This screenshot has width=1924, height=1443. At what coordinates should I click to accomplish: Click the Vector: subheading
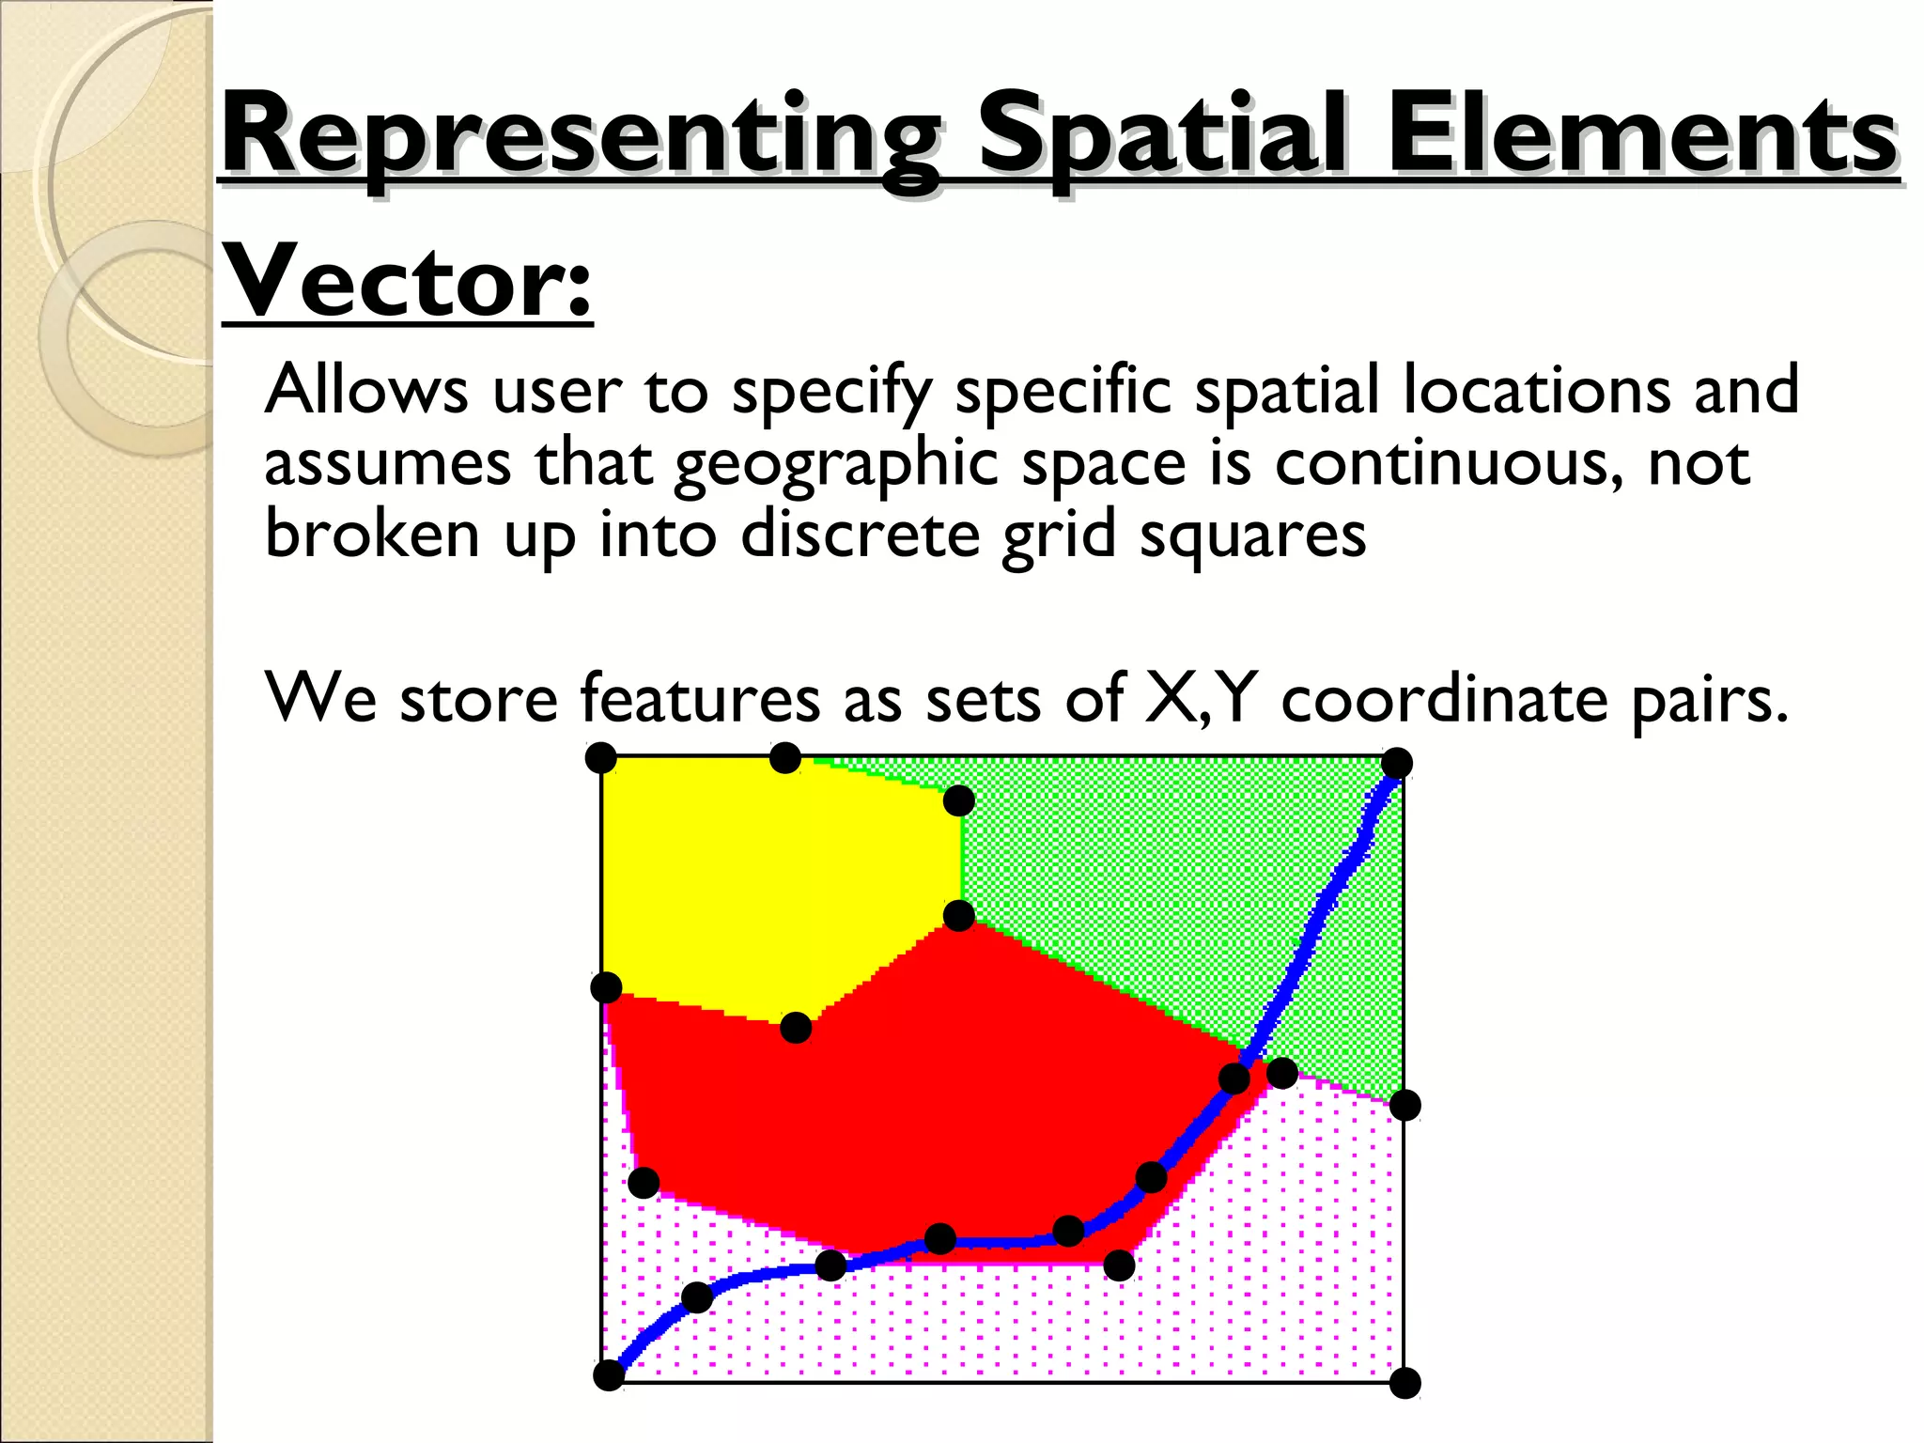pyautogui.click(x=407, y=282)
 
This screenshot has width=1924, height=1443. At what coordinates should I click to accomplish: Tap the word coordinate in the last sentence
pyautogui.click(x=1445, y=699)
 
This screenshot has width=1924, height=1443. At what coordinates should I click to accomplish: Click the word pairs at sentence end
pyautogui.click(x=1710, y=701)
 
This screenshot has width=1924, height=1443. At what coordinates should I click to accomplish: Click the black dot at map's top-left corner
pyautogui.click(x=600, y=757)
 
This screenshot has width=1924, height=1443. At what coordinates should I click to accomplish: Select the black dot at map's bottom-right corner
pyautogui.click(x=1404, y=1383)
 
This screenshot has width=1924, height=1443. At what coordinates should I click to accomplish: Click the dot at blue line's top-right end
pyautogui.click(x=1397, y=764)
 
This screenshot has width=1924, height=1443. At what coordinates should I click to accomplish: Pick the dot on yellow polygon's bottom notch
pyautogui.click(x=796, y=1028)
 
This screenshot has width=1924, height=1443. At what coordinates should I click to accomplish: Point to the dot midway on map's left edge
pyautogui.click(x=606, y=987)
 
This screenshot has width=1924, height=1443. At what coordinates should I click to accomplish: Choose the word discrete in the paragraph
pyautogui.click(x=859, y=535)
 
